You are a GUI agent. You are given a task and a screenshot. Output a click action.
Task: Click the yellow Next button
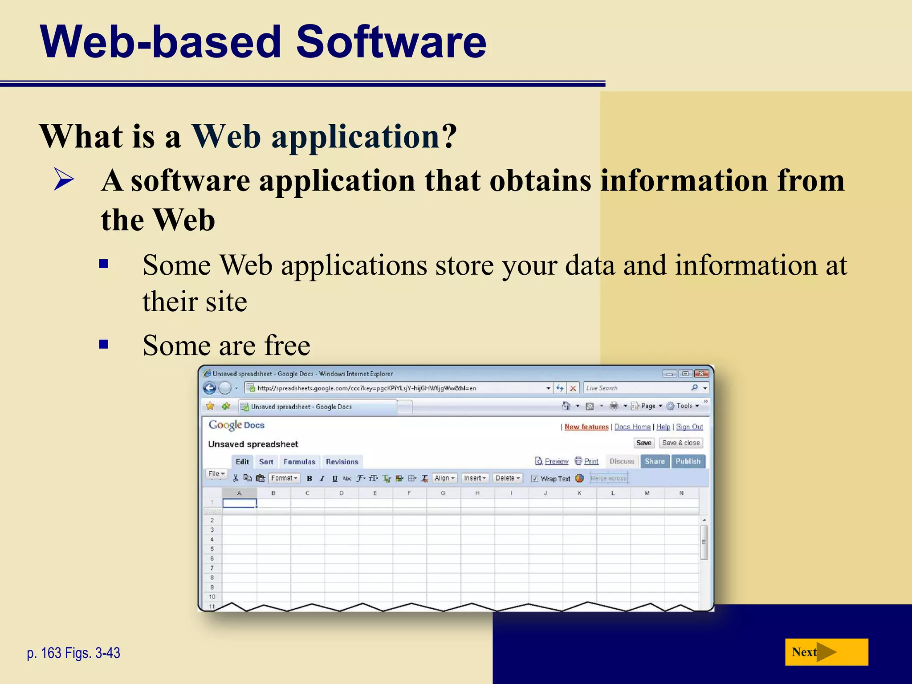pyautogui.click(x=826, y=652)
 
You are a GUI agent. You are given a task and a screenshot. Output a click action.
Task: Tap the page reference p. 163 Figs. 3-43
pyautogui.click(x=73, y=653)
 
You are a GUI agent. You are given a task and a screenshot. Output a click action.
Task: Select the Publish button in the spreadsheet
pyautogui.click(x=688, y=461)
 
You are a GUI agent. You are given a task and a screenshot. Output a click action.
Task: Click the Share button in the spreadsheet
pyautogui.click(x=654, y=461)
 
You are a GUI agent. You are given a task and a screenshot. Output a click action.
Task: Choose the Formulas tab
pyautogui.click(x=299, y=462)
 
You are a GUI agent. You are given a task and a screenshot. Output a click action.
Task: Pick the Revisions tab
pyautogui.click(x=342, y=462)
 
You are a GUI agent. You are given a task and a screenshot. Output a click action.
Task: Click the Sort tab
pyautogui.click(x=266, y=462)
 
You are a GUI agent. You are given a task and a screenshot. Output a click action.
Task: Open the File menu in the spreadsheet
pyautogui.click(x=216, y=474)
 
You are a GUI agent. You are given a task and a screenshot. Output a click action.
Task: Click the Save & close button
pyautogui.click(x=680, y=443)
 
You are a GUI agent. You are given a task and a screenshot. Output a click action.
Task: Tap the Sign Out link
pyautogui.click(x=689, y=427)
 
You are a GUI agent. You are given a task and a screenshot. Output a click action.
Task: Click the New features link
pyautogui.click(x=586, y=427)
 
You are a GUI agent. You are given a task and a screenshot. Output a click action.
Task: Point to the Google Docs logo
pyautogui.click(x=236, y=425)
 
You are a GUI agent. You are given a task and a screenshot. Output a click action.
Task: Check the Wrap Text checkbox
pyautogui.click(x=534, y=478)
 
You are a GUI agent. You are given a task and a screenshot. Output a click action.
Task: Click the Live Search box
pyautogui.click(x=637, y=388)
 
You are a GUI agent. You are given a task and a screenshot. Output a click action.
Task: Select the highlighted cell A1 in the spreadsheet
pyautogui.click(x=240, y=503)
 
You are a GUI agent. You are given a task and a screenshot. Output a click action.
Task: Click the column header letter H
pyautogui.click(x=477, y=493)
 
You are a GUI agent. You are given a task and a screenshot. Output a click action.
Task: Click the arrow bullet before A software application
pyautogui.click(x=64, y=179)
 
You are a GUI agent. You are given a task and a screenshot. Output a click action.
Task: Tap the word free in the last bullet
pyautogui.click(x=287, y=346)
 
